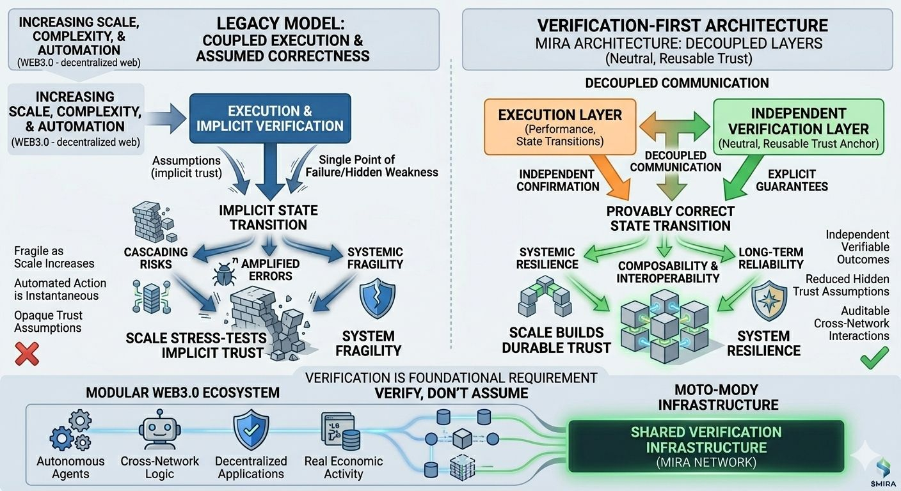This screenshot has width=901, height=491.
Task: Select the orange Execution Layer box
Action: [560, 127]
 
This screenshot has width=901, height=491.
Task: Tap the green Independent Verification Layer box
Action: [799, 127]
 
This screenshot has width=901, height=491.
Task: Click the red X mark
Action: [26, 354]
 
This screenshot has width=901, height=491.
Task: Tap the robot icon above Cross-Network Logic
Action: [159, 432]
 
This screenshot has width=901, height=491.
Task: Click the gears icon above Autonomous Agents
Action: [69, 432]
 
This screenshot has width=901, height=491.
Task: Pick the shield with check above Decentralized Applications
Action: [250, 431]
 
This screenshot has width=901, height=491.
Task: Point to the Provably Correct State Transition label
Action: [670, 218]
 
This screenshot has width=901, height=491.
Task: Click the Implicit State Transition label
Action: [268, 217]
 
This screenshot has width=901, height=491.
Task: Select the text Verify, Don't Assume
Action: [451, 393]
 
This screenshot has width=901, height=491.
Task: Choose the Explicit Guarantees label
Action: [792, 180]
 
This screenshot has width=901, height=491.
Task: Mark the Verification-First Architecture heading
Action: [682, 26]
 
